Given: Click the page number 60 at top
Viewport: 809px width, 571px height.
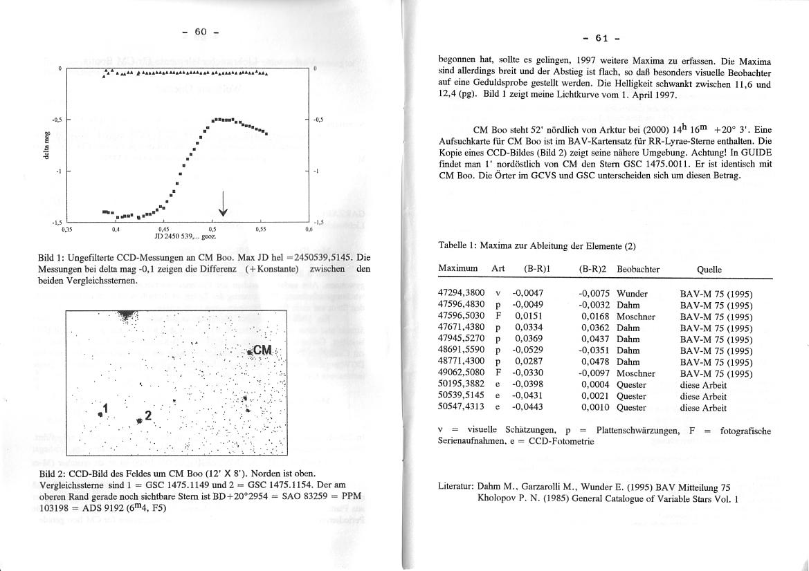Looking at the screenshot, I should pos(201,32).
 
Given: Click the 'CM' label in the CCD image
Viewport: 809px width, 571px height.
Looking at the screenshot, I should pos(263,350).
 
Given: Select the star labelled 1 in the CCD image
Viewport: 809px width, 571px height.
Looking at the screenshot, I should pos(100,413).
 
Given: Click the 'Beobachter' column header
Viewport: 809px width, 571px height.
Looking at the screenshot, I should pos(638,269).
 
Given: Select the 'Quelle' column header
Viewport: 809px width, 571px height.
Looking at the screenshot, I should pos(711,269).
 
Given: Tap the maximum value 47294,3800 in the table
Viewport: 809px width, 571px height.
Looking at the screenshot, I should pos(462,294).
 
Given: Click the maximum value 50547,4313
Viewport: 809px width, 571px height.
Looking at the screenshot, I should pos(462,408).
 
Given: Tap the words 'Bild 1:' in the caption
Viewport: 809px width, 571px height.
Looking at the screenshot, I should pos(52,258).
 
